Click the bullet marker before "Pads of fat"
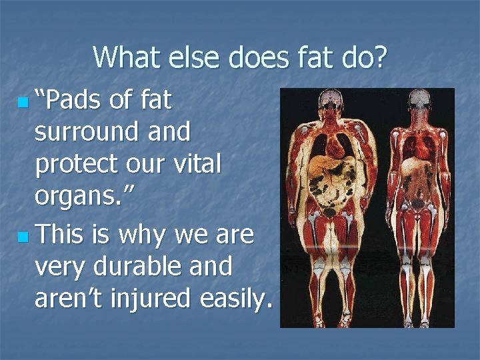coord(24,104)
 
